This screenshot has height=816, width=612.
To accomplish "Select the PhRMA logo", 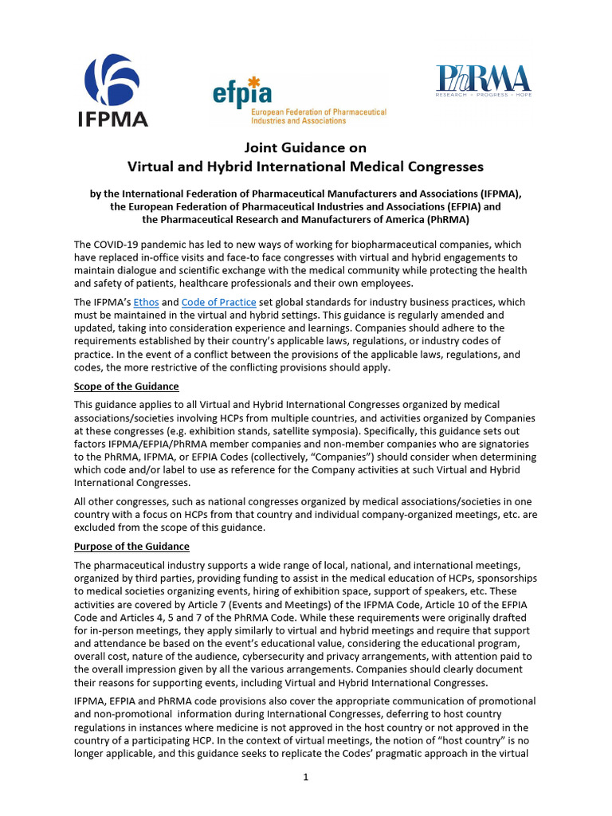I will (483, 79).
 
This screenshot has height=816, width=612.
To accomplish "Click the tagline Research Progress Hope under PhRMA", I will (483, 95).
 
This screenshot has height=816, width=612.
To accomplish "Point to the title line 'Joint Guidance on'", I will (305, 147).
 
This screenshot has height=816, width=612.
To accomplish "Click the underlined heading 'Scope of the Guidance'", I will (127, 386).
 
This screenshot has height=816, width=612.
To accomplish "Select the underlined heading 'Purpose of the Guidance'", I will (132, 546).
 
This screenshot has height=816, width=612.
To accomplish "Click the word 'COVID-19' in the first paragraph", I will (120, 245).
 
